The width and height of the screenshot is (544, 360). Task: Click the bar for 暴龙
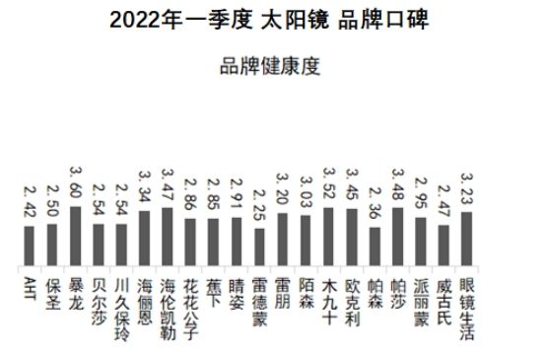coord(75,236)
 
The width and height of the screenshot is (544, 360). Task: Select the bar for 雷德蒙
coord(259,247)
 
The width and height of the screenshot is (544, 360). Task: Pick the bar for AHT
coord(29,245)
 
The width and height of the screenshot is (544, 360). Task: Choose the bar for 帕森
coord(374,246)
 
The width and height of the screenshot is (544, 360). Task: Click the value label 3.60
coord(75,184)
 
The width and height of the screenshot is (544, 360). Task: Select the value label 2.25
coord(259,205)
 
